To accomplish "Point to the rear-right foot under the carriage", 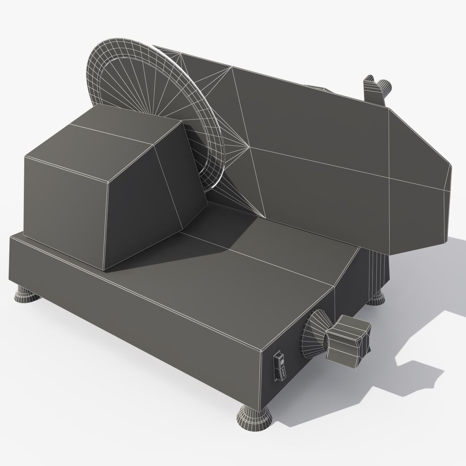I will pyautogui.click(x=377, y=297).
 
